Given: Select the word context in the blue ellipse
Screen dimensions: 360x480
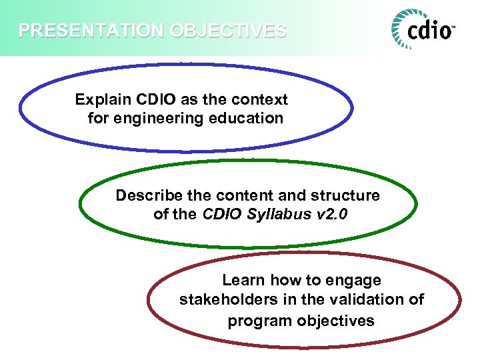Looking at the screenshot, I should pos(261,100).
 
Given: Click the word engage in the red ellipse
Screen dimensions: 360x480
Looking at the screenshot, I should pos(355,280).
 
